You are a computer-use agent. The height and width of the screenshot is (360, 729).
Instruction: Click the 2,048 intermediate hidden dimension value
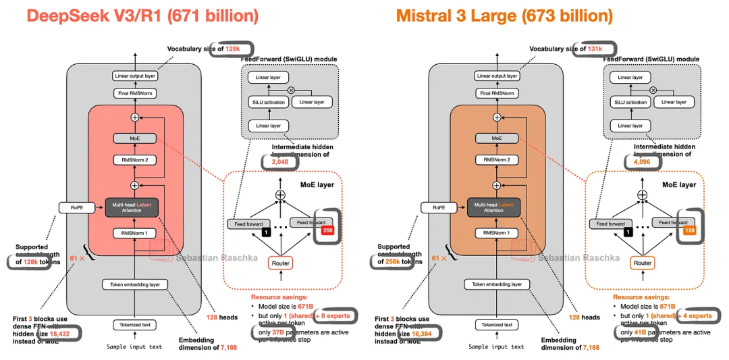279,162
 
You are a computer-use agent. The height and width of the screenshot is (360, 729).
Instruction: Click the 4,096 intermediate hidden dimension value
641,162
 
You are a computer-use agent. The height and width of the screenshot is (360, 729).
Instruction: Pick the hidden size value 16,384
428,334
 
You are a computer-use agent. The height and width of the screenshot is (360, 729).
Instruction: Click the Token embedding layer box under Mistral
497,284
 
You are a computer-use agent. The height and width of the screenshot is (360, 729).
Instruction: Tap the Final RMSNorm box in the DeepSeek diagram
135,93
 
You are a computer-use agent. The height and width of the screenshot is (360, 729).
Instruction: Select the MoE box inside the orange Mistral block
497,138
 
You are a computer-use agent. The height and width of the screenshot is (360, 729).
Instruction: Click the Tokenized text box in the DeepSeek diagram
134,325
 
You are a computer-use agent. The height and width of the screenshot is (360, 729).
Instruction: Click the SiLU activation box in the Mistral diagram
631,102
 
